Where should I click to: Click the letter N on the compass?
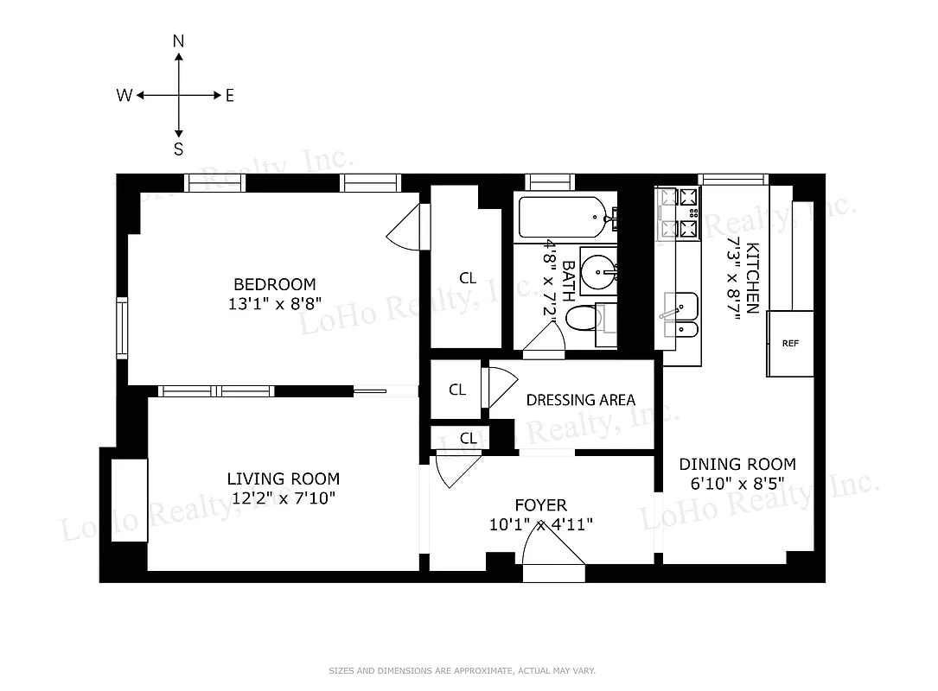(178, 41)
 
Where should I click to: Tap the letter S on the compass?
(178, 149)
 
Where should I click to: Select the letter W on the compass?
(124, 96)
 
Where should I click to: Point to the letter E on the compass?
(230, 96)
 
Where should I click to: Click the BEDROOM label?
(274, 284)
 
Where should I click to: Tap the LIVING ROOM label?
(283, 479)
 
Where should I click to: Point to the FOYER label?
(540, 505)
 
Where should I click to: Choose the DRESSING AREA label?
(580, 400)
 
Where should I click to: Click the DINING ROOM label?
(737, 464)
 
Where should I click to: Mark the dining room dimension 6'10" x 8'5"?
(737, 484)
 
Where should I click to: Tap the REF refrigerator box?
(790, 343)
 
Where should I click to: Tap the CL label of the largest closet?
(468, 278)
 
